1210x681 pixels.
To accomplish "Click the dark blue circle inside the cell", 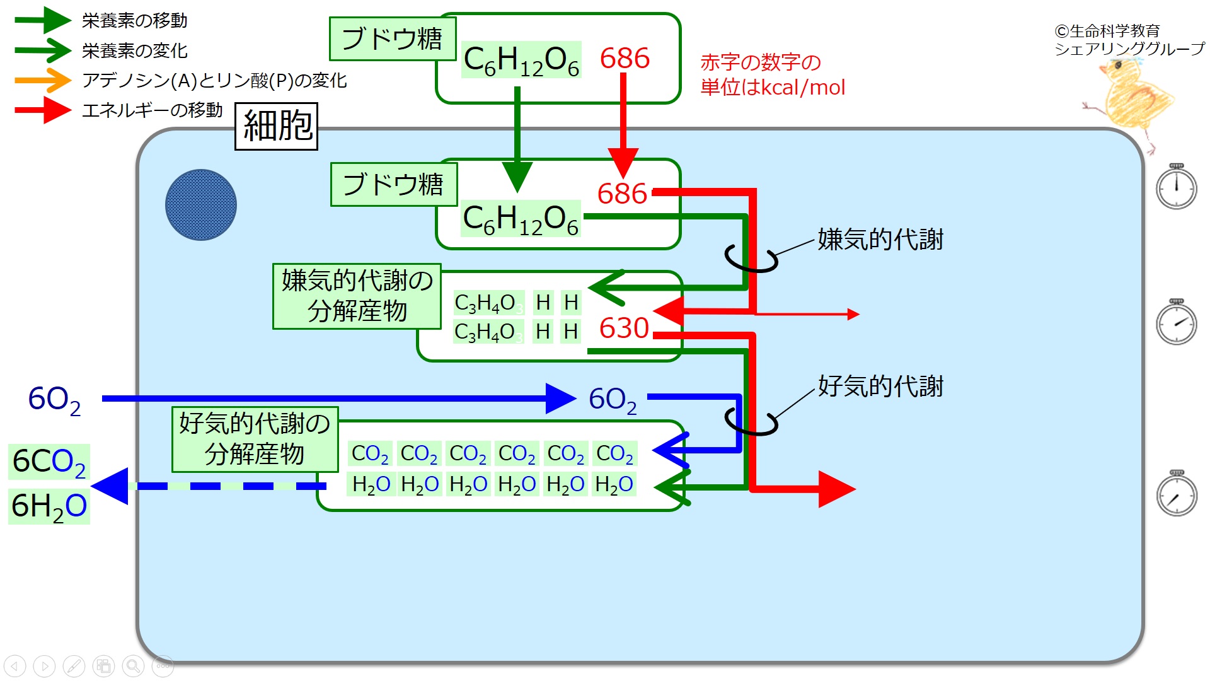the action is pos(201,205).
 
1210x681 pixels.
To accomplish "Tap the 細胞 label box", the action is pos(276,126).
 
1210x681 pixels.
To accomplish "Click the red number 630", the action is pos(624,328).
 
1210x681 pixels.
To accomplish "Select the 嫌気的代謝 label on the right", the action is pos(880,240).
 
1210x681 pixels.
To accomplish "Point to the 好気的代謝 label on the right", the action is pos(880,386).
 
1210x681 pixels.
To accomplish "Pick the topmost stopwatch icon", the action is pos(1177,186).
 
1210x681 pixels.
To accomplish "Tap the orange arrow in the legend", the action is pos(43,80).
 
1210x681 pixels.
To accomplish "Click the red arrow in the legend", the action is pos(43,110).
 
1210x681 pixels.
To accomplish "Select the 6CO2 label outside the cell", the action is pos(49,462).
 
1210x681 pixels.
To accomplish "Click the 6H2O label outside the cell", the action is pos(49,506).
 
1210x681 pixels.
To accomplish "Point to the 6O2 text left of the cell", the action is pos(55,400).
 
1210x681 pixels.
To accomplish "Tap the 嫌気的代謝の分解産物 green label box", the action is pos(357,296).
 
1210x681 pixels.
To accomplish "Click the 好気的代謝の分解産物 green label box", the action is pos(255,439).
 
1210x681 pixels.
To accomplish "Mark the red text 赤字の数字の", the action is pos(761,62).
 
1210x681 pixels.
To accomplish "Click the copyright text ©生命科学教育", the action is pos(1107,31).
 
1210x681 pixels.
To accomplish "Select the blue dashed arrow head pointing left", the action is pos(110,486).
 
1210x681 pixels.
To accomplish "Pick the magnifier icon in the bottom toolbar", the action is pos(133,665).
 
